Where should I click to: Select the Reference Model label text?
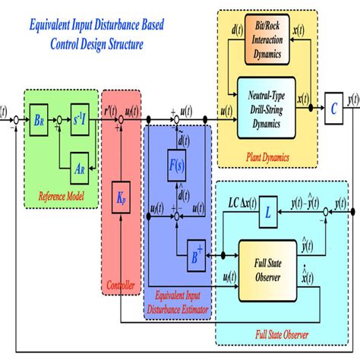point(58,199)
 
